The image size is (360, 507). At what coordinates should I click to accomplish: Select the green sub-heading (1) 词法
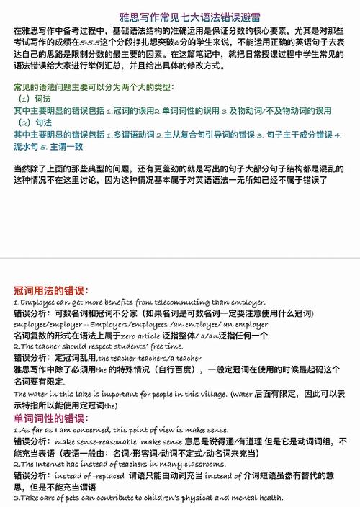35,98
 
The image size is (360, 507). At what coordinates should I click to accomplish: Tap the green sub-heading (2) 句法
35,122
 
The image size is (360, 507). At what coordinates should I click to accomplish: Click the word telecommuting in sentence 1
189,302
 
